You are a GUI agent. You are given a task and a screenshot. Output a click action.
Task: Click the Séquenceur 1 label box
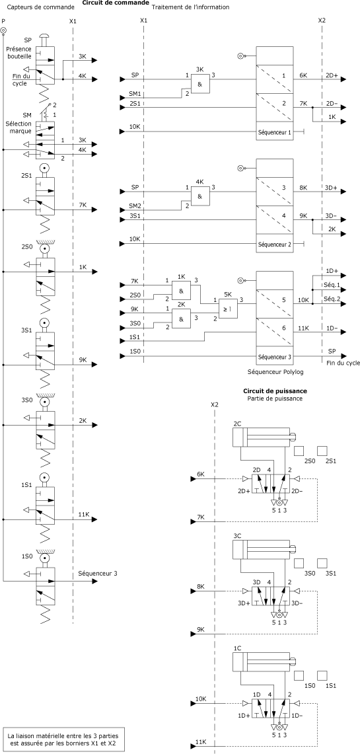tap(274, 132)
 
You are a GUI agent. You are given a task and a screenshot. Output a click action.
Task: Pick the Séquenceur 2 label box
tap(274, 244)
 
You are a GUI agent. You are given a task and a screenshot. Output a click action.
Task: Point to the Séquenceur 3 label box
tap(274, 357)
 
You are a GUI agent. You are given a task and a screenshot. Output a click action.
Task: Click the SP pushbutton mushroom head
tap(44, 36)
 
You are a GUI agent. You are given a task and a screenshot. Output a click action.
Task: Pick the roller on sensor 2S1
tap(44, 169)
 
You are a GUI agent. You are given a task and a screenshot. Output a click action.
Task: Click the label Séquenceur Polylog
tap(276, 372)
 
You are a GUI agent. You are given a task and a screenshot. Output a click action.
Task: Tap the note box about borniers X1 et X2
tap(63, 739)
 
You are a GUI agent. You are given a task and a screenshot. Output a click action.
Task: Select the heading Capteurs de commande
tap(38, 7)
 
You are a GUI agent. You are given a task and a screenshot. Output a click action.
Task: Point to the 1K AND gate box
tap(181, 291)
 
